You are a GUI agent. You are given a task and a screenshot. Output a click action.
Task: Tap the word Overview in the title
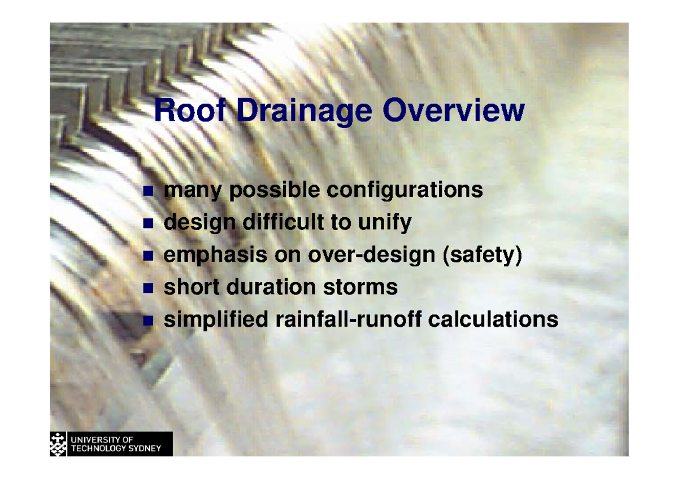(x=453, y=111)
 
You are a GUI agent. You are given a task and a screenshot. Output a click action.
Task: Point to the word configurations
(x=405, y=190)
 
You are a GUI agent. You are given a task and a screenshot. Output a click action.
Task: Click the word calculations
(x=493, y=320)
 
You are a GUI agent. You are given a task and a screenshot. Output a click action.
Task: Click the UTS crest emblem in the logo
(x=58, y=443)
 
